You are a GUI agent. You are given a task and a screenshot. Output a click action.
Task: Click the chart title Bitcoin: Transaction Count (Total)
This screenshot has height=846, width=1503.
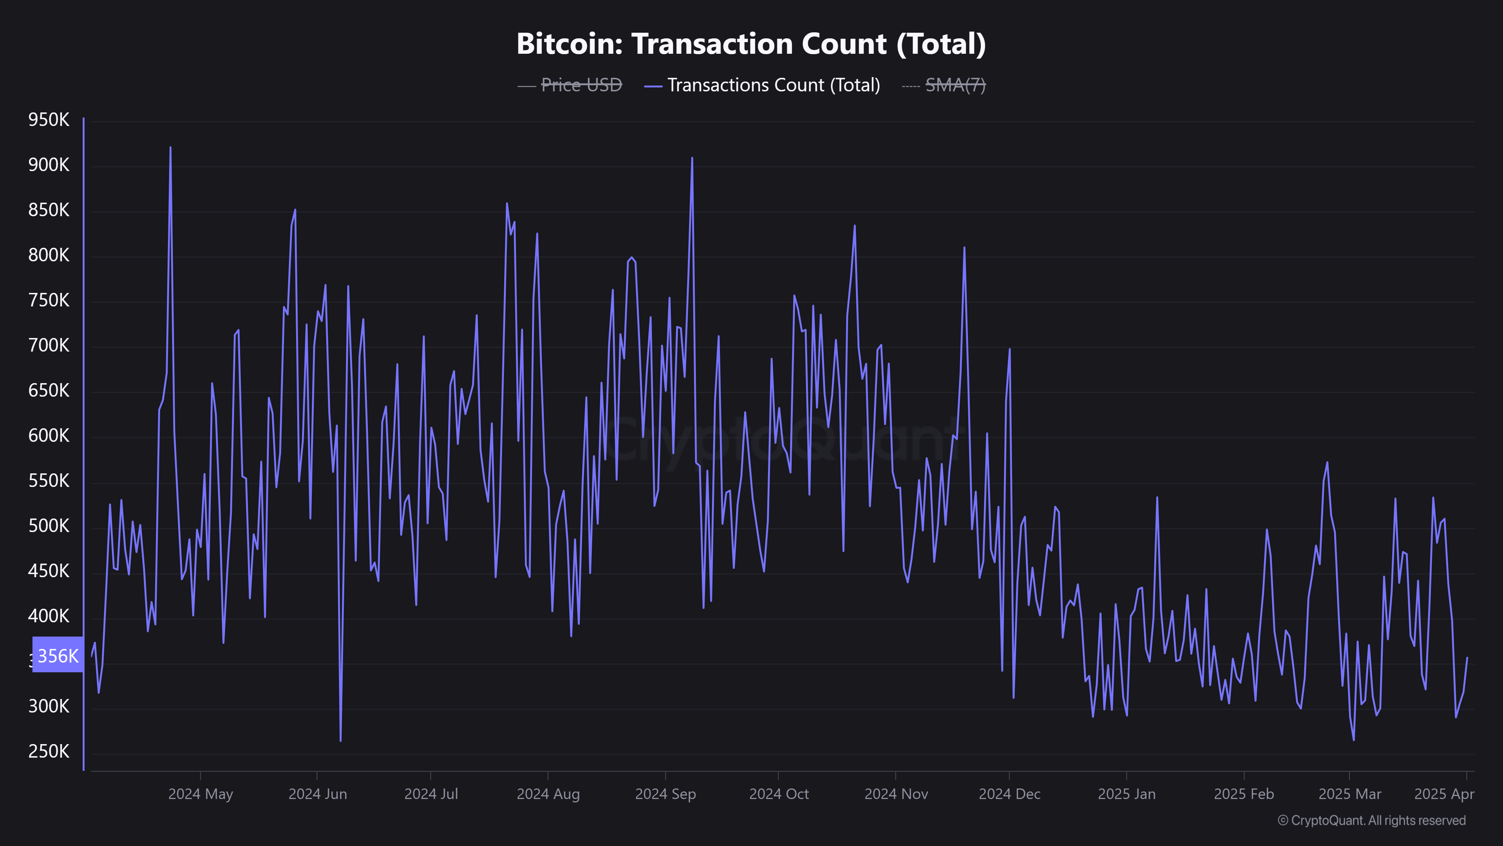pyautogui.click(x=751, y=44)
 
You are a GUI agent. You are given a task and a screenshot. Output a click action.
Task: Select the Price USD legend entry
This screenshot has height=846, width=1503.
pyautogui.click(x=581, y=85)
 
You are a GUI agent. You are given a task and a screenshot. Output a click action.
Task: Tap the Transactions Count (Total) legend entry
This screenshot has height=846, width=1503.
pyautogui.click(x=773, y=85)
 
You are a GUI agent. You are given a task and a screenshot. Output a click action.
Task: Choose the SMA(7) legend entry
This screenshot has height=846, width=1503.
pyautogui.click(x=955, y=85)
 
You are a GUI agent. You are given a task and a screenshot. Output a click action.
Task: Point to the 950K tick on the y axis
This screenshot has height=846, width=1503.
pyautogui.click(x=48, y=120)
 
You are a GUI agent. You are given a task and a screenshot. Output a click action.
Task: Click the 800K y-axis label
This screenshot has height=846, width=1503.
pyautogui.click(x=48, y=256)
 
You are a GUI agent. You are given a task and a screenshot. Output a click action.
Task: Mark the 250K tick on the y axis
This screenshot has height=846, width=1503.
pyautogui.click(x=48, y=751)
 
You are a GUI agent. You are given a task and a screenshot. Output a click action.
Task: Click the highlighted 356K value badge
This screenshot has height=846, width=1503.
pyautogui.click(x=58, y=656)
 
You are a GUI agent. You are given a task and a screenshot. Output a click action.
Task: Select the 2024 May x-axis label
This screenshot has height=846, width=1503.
pyautogui.click(x=201, y=794)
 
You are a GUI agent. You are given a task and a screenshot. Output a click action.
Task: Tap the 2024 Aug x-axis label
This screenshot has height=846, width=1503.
pyautogui.click(x=548, y=794)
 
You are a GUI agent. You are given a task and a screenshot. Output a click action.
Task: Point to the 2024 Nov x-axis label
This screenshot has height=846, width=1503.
pyautogui.click(x=896, y=794)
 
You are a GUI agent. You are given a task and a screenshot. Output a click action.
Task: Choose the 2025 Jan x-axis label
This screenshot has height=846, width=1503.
pyautogui.click(x=1126, y=794)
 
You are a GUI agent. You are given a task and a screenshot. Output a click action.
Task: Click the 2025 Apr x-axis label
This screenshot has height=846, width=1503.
pyautogui.click(x=1444, y=794)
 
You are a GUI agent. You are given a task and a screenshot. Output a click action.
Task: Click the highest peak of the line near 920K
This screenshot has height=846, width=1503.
pyautogui.click(x=170, y=148)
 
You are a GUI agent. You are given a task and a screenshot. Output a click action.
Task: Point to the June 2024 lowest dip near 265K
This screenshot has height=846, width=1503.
pyautogui.click(x=341, y=741)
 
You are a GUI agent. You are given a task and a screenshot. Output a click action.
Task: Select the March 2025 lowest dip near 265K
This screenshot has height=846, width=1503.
pyautogui.click(x=1353, y=740)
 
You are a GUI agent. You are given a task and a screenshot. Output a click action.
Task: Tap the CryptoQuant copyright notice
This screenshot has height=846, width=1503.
pyautogui.click(x=1371, y=820)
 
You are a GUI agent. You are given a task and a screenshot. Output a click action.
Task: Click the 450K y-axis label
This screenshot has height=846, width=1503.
pyautogui.click(x=48, y=571)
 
